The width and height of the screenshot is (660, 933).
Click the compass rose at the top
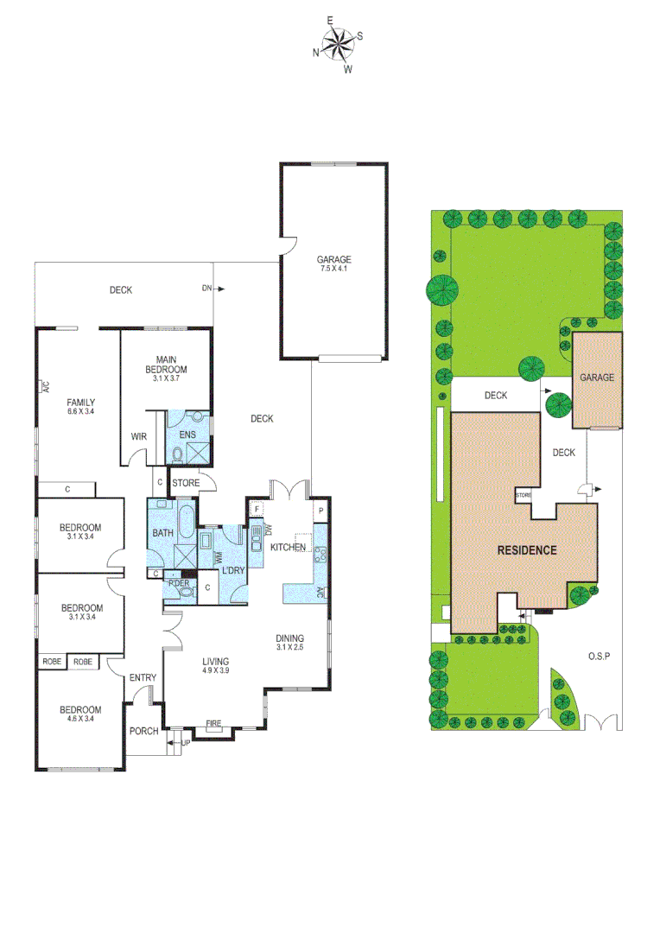[338, 44]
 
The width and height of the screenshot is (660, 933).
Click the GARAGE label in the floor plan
[333, 259]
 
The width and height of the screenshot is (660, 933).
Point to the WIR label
[139, 437]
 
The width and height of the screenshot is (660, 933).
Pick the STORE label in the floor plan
[186, 483]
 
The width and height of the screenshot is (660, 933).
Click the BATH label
[162, 533]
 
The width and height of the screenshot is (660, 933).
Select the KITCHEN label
[288, 548]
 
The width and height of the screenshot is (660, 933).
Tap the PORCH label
[143, 731]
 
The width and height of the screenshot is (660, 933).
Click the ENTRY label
[142, 678]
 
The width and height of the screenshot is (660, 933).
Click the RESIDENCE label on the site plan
[525, 549]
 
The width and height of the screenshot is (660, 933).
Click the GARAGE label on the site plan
[596, 378]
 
